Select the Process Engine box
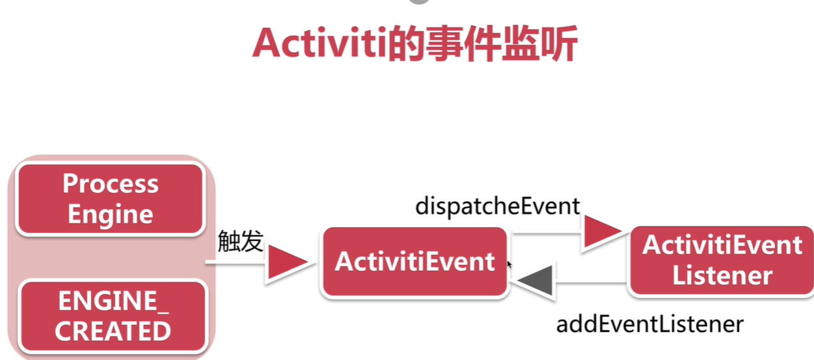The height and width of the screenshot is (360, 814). point(110,199)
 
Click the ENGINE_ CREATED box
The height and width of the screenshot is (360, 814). point(113,316)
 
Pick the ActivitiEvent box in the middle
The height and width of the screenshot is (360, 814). point(414,262)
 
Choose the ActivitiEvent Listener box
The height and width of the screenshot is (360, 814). point(722,260)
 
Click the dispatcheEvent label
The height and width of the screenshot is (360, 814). point(497,206)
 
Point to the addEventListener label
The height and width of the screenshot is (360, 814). point(649,324)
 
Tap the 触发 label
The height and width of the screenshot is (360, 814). point(240,242)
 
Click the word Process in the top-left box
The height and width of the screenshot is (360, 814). point(111,184)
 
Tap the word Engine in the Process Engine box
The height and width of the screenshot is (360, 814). point(111,214)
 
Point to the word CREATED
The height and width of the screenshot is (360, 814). point(113,331)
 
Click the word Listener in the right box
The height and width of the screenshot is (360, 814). point(722,275)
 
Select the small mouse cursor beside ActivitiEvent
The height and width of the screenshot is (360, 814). point(509,264)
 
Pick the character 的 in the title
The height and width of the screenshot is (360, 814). point(406,44)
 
